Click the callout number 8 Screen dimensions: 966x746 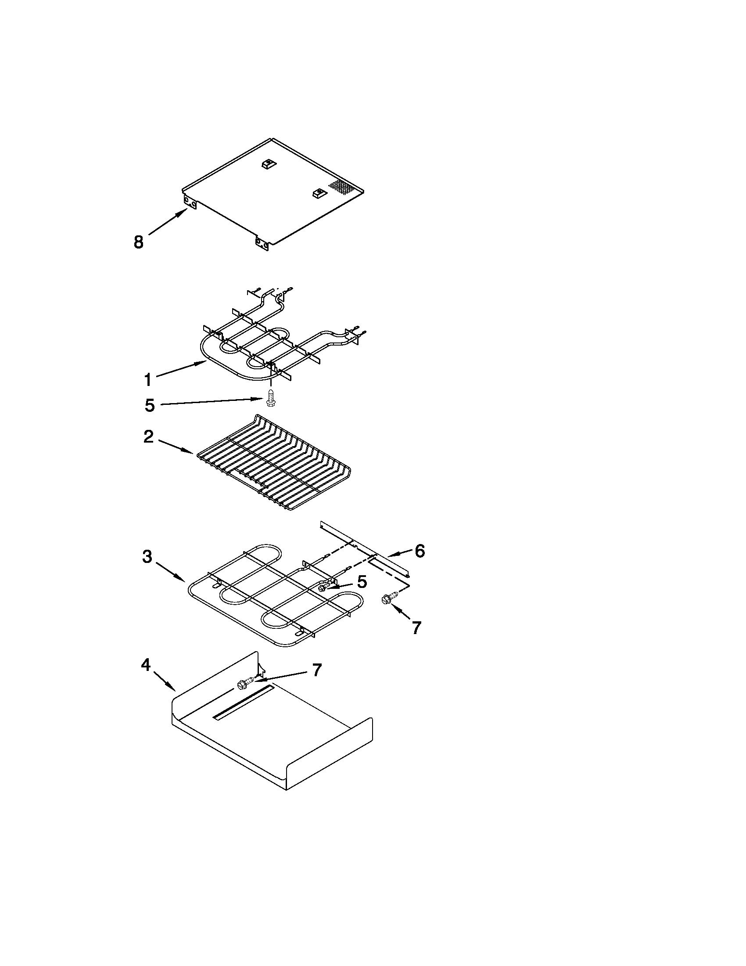(x=139, y=242)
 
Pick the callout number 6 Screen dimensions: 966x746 (x=419, y=551)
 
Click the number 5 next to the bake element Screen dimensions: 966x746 (x=362, y=582)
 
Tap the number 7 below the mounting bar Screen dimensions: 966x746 (x=416, y=628)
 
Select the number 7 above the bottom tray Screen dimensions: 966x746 (x=316, y=670)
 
